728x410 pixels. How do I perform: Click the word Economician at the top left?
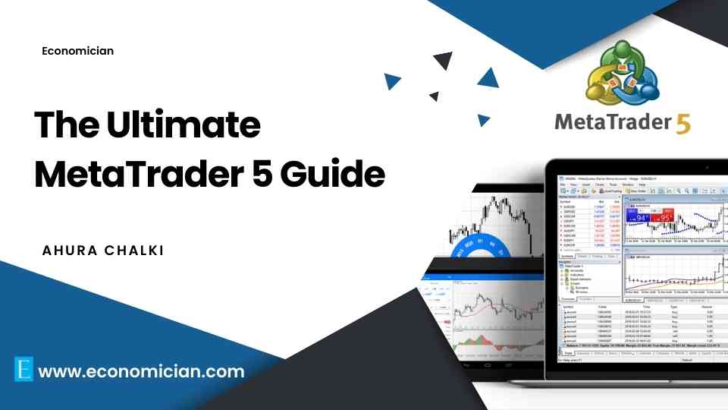78,51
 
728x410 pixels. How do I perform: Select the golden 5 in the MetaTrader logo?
682,124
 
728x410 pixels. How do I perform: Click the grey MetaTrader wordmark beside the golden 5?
611,122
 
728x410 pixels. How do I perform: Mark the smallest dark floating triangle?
435,96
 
